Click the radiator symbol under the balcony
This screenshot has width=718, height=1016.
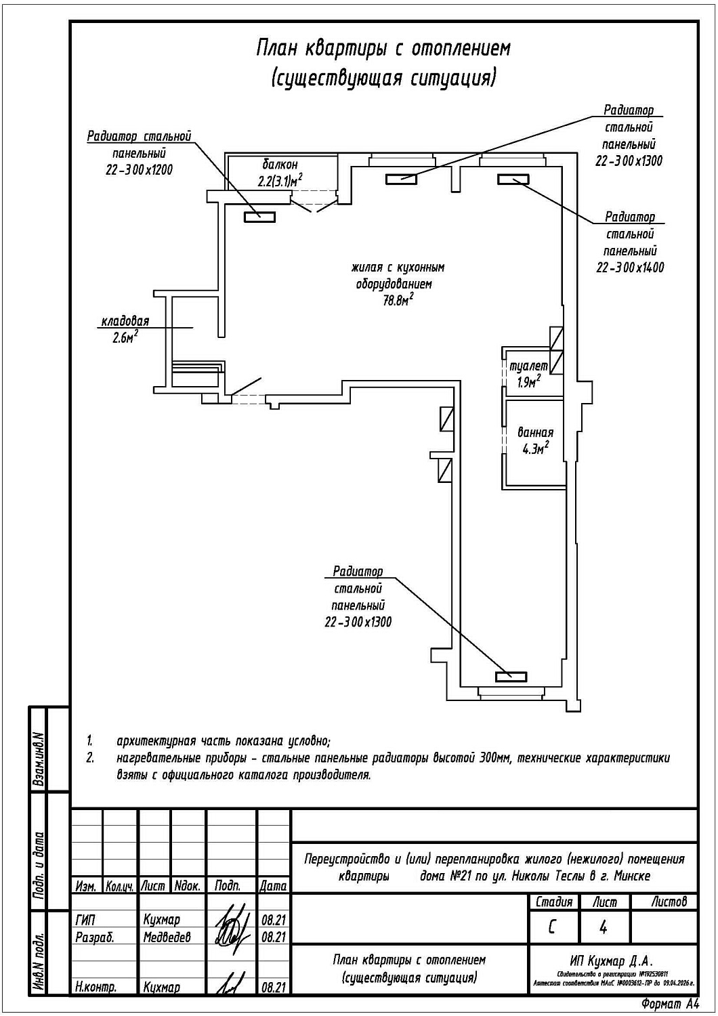[x=259, y=217]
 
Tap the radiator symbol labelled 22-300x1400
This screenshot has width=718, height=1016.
[x=513, y=179]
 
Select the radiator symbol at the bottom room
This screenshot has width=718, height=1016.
[x=511, y=676]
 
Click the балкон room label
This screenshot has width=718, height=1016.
[x=280, y=165]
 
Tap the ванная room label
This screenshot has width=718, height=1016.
[x=535, y=432]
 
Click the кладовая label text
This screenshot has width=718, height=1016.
[x=125, y=322]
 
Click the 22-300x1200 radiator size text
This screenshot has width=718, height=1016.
[x=140, y=170]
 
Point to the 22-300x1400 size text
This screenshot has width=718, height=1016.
[x=630, y=268]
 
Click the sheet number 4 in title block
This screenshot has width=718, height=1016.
[x=603, y=927]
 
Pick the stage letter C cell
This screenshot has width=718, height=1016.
[x=552, y=927]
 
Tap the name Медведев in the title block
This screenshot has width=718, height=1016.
[x=167, y=937]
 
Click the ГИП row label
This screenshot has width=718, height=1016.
[x=86, y=920]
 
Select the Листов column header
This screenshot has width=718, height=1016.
[x=669, y=902]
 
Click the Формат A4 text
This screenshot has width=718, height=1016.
[x=669, y=1004]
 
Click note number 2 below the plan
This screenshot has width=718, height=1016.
[x=90, y=758]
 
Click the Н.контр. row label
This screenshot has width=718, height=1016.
[x=96, y=987]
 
